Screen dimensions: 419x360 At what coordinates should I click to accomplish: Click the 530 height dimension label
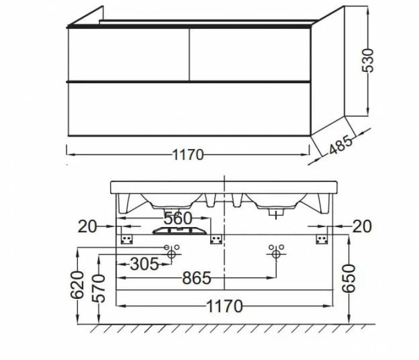[368, 60]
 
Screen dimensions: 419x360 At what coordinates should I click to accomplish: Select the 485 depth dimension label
[341, 145]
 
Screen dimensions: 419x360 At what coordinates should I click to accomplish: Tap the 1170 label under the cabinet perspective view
[188, 155]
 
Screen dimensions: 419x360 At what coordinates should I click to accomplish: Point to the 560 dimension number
[178, 218]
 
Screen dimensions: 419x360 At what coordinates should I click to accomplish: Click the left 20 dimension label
[87, 227]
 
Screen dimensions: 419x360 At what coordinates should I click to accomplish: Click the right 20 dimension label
[362, 226]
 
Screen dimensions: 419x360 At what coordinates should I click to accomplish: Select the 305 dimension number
[145, 264]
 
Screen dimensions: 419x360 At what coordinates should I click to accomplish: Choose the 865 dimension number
[197, 278]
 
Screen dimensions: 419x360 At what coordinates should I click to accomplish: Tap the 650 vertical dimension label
[349, 279]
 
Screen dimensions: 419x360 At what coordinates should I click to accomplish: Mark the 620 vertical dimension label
[77, 285]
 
